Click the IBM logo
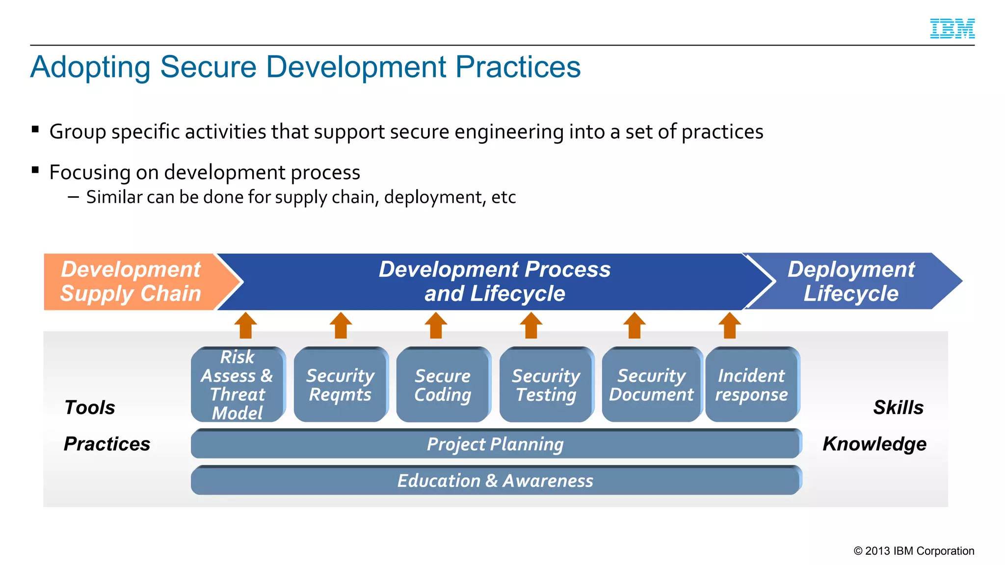click(x=952, y=28)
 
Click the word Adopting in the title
click(x=90, y=67)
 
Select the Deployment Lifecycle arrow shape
click(x=851, y=282)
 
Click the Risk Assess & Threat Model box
click(x=238, y=385)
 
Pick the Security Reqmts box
click(x=340, y=385)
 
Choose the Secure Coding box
click(x=443, y=385)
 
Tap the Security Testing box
click(x=546, y=385)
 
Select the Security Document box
click(x=651, y=385)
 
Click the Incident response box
click(x=751, y=385)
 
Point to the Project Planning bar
click(x=496, y=444)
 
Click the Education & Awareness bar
click(x=496, y=481)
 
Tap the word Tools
click(x=90, y=408)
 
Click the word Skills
click(x=898, y=408)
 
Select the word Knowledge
click(x=874, y=444)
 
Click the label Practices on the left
click(x=107, y=444)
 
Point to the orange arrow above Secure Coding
click(x=436, y=326)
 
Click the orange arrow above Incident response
click(x=730, y=326)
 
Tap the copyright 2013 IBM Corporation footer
click(x=914, y=551)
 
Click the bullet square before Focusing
click(x=35, y=170)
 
